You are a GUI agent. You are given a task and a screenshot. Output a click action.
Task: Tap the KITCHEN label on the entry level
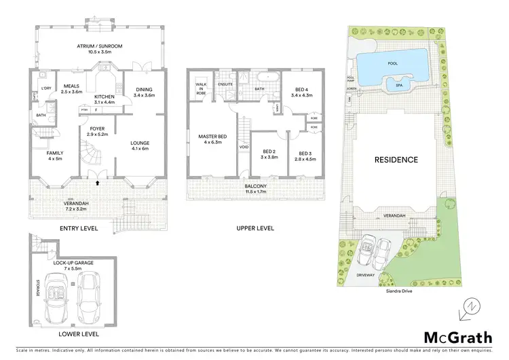point(103,96)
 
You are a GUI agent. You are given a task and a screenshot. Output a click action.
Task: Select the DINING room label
point(144,90)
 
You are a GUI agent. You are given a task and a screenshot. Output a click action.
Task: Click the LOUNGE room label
point(140,143)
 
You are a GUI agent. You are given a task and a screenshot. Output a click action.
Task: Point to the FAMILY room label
point(55,153)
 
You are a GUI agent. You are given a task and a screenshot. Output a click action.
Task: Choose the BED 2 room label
point(269,151)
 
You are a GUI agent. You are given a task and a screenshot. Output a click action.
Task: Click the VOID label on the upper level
point(243,147)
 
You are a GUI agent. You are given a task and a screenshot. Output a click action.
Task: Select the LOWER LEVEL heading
point(79,334)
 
